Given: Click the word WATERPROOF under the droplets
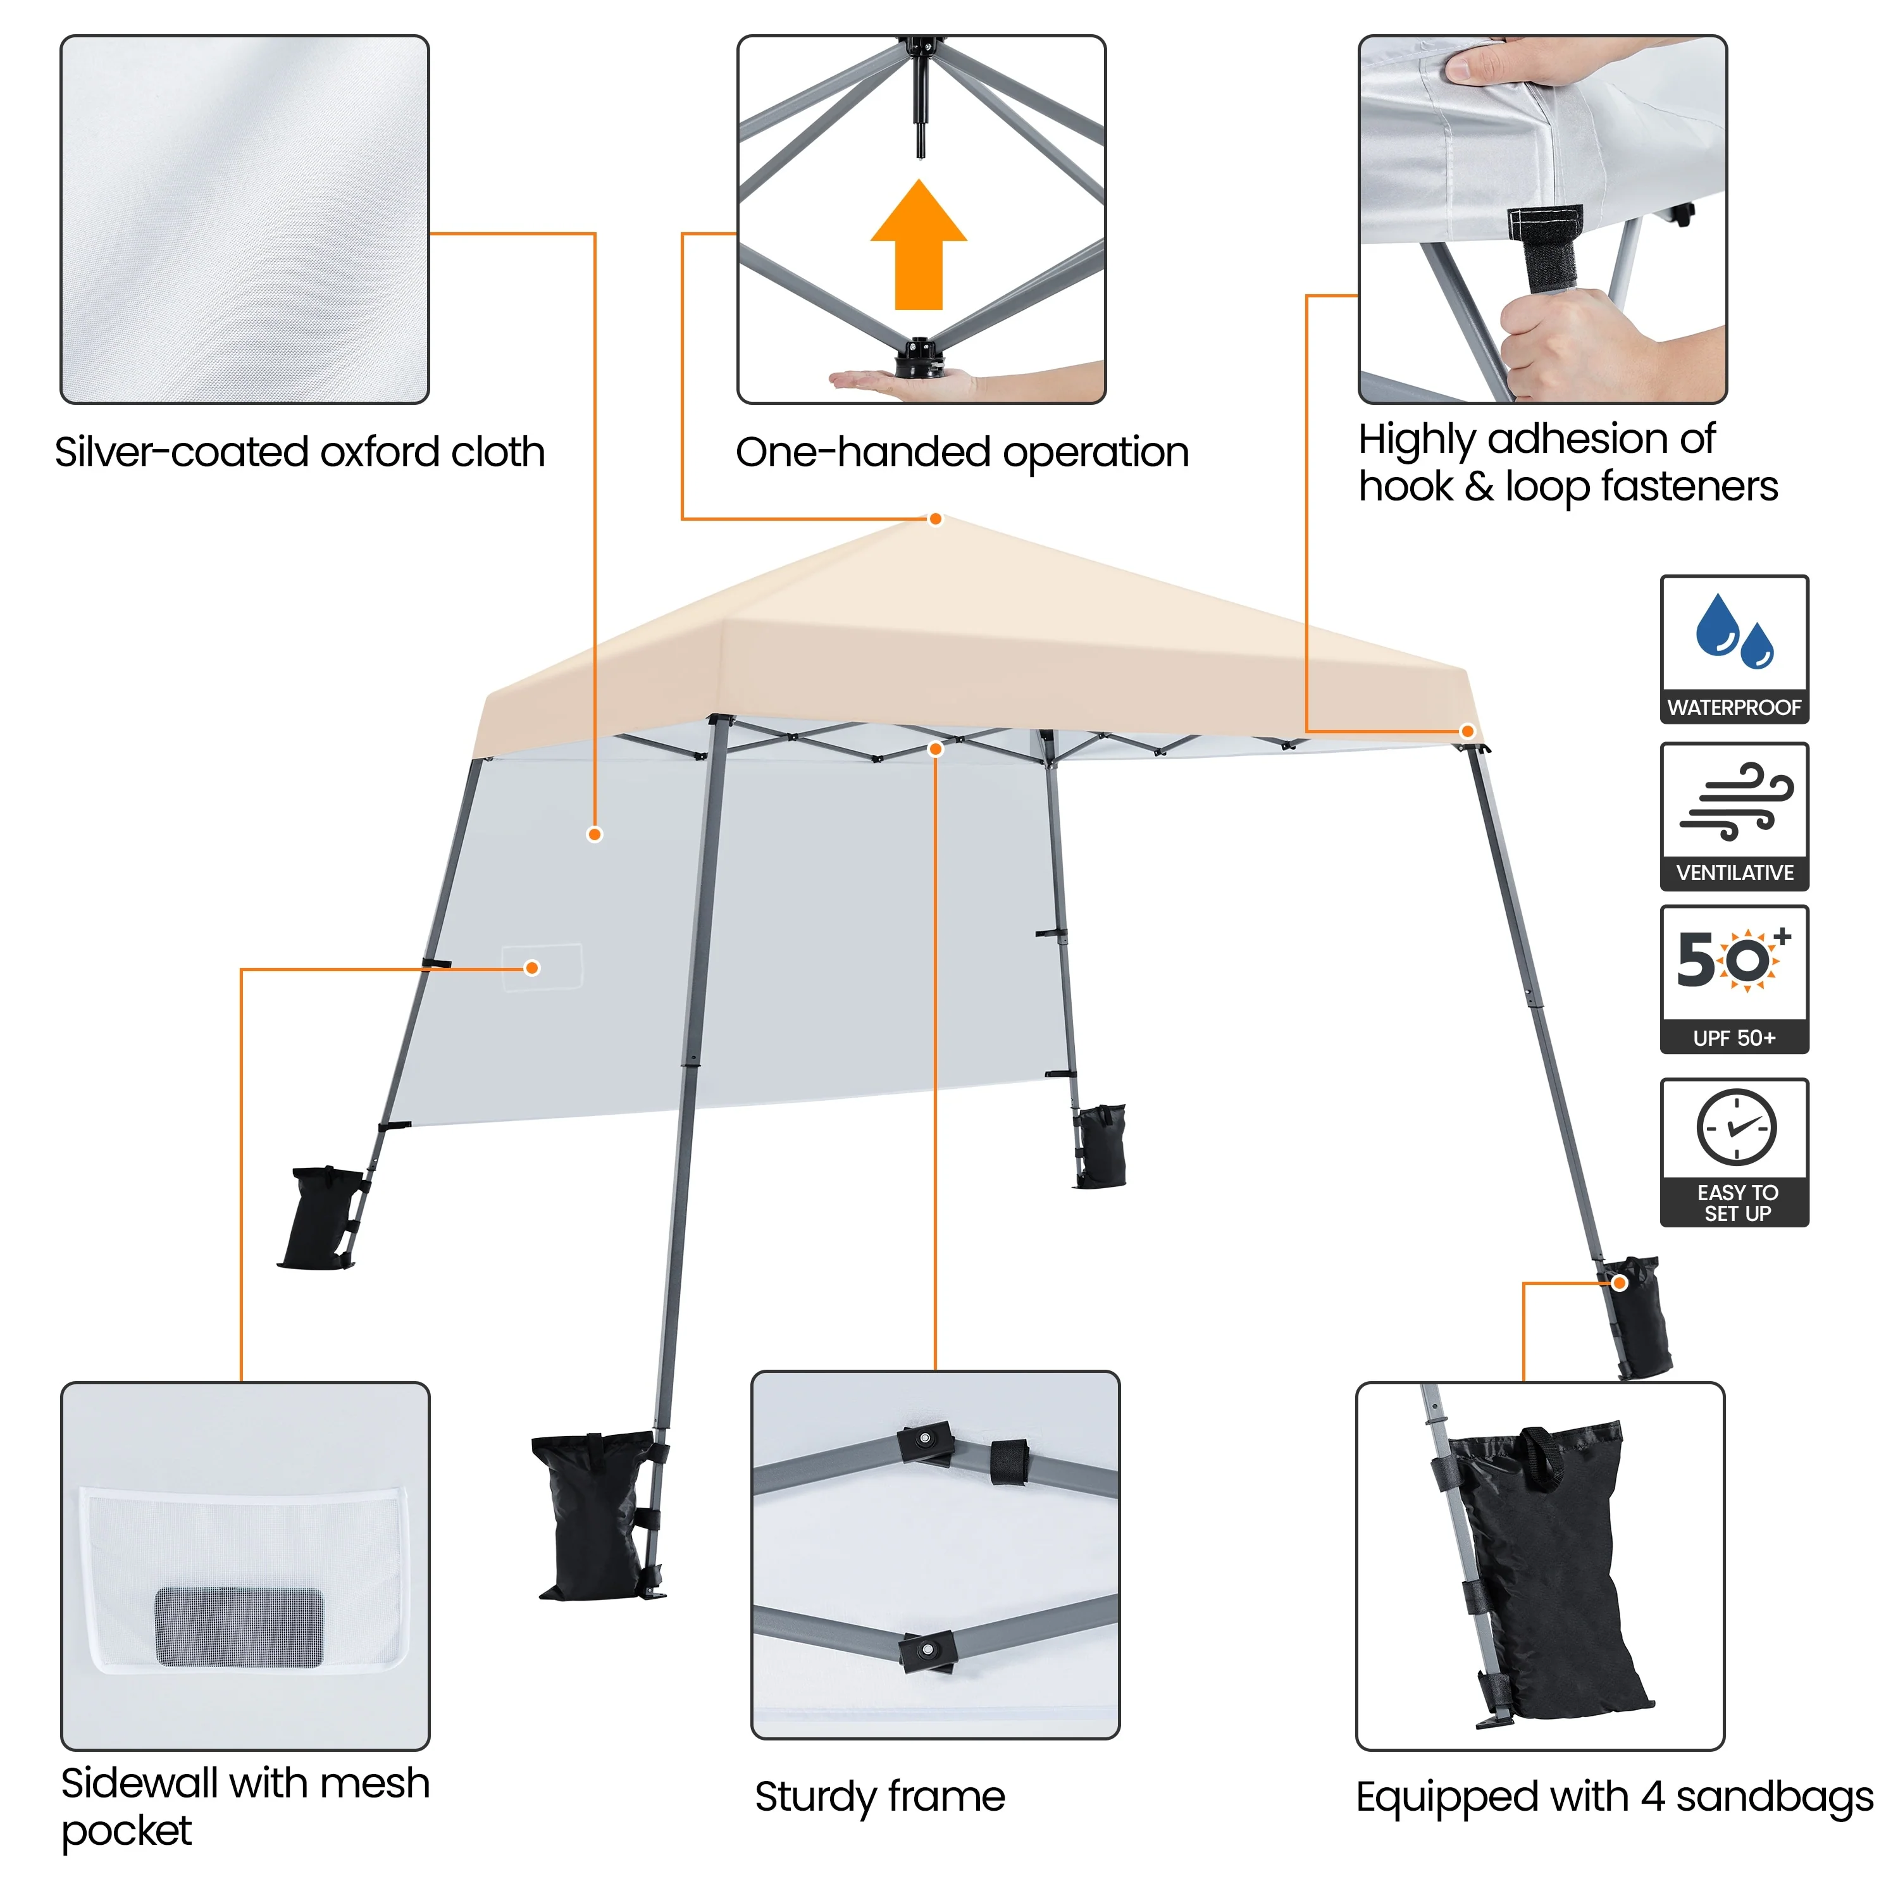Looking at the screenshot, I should click(x=1734, y=707).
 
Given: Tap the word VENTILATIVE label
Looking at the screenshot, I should click(x=1734, y=872).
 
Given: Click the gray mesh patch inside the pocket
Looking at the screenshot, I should click(x=240, y=1626).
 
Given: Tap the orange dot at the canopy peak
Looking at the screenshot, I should click(x=935, y=519).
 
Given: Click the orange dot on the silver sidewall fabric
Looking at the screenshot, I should click(x=594, y=834).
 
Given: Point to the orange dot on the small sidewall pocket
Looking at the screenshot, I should click(x=533, y=968).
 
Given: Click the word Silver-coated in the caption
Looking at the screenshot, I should click(x=182, y=453).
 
